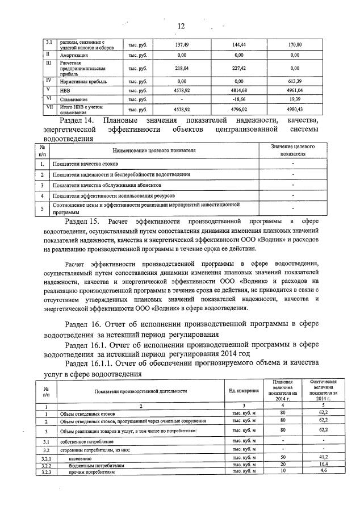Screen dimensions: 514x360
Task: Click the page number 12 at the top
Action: click(x=181, y=26)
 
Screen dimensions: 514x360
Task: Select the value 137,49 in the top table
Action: click(x=182, y=44)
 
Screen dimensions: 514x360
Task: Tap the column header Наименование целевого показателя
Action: click(x=154, y=151)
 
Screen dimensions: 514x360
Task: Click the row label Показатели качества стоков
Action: click(x=86, y=164)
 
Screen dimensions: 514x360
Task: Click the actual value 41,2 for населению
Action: click(x=323, y=457)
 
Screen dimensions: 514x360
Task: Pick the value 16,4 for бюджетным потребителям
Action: click(x=323, y=464)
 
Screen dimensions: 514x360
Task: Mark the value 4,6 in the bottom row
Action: click(x=323, y=471)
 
